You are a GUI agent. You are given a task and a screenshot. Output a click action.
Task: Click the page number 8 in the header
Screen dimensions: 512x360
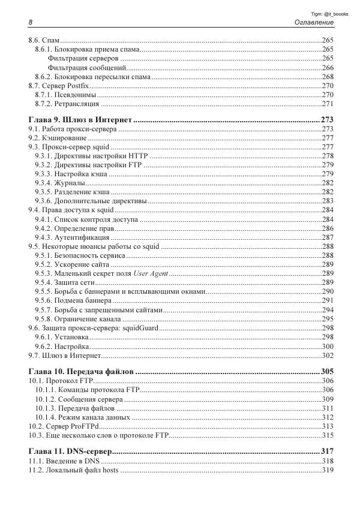(30, 22)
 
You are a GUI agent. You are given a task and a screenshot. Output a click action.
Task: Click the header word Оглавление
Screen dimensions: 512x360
(313, 22)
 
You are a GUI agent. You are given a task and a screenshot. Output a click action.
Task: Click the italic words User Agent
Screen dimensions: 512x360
(150, 273)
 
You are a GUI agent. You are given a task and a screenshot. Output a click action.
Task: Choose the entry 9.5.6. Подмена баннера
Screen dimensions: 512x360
(73, 300)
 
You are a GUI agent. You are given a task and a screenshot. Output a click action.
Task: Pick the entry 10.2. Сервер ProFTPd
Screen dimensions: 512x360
(64, 426)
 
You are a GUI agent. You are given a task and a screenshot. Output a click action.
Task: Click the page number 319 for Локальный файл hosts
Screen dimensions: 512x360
(327, 470)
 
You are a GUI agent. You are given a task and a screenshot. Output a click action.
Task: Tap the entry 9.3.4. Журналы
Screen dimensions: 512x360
(59, 182)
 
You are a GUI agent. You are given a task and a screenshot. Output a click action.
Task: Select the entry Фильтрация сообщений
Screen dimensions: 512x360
(86, 68)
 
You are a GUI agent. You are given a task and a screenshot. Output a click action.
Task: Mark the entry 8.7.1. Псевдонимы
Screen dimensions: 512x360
(65, 95)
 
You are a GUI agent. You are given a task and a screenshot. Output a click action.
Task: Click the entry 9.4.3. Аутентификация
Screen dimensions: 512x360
(72, 237)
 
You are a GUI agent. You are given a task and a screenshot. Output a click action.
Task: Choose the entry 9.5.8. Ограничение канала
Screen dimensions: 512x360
(79, 318)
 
